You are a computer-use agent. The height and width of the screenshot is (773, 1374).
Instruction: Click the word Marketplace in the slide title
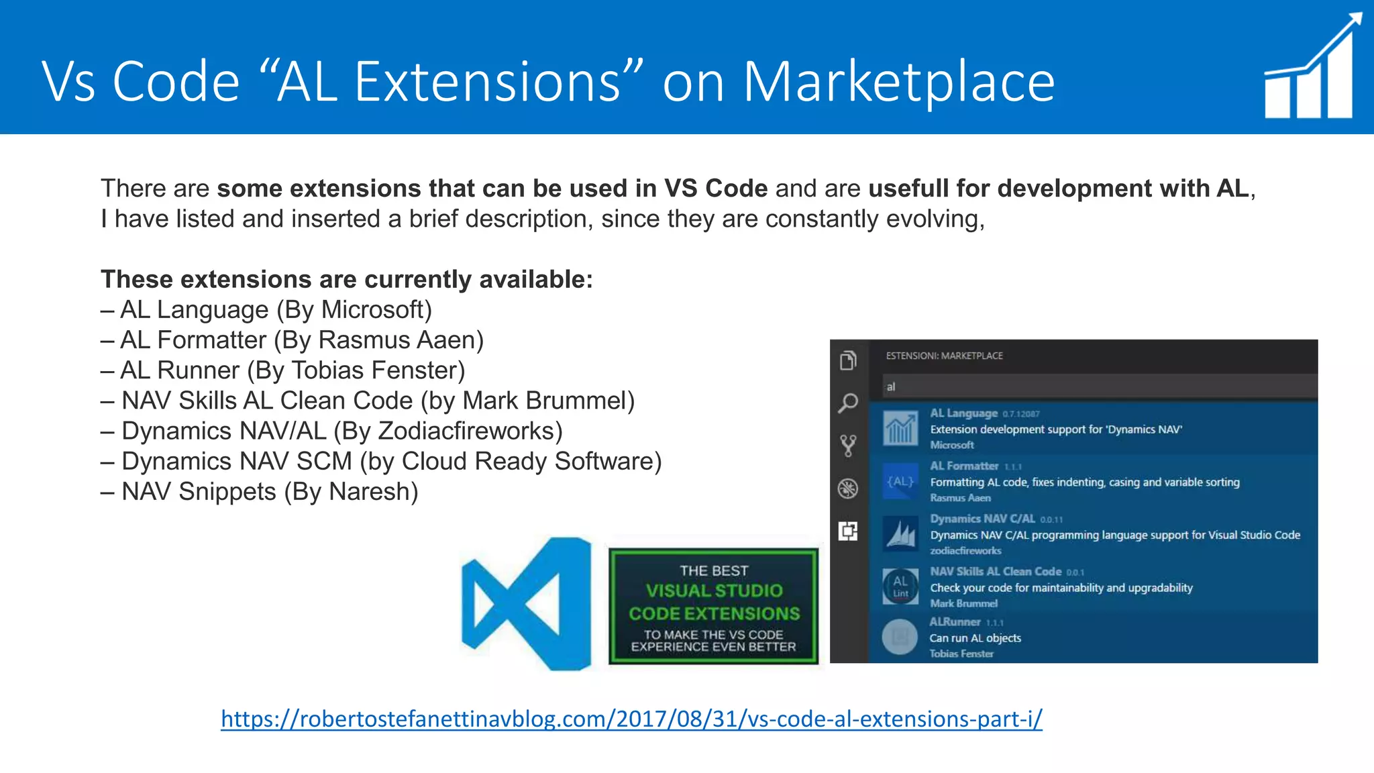click(x=899, y=82)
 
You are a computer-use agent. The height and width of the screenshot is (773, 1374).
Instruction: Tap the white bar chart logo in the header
click(x=1312, y=67)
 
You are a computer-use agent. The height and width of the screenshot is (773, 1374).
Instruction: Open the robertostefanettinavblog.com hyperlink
click(x=631, y=719)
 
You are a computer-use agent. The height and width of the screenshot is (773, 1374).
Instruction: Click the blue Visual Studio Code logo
click(x=527, y=603)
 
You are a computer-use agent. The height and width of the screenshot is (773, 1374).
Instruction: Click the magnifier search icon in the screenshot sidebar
click(x=848, y=403)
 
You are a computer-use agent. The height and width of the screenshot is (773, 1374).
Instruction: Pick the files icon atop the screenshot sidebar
click(x=848, y=360)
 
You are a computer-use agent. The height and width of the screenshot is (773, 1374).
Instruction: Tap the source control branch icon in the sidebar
click(x=848, y=446)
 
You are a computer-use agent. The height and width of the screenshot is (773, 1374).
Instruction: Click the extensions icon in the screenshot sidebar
click(x=848, y=531)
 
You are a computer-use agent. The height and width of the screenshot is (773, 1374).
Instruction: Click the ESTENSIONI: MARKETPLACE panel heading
click(x=944, y=356)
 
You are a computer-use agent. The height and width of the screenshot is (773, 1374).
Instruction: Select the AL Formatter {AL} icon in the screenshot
click(x=900, y=482)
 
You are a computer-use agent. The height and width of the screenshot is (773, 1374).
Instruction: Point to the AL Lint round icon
click(x=900, y=586)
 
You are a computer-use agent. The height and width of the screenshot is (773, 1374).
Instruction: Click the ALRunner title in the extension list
click(x=955, y=622)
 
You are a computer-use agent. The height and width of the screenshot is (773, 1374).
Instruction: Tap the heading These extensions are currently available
click(x=347, y=279)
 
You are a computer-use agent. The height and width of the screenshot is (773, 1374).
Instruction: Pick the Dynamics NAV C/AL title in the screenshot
click(x=982, y=519)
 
